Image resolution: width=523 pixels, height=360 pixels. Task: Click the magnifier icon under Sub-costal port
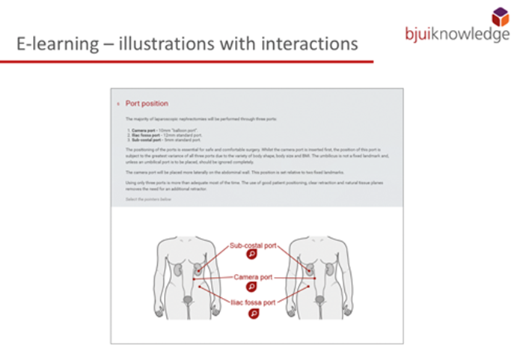[x=252, y=254]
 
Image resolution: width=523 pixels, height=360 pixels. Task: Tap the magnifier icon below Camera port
[x=252, y=286]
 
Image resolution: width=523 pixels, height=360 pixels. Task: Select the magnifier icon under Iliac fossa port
[x=252, y=314]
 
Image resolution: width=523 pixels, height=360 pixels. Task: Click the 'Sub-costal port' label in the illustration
[x=253, y=243]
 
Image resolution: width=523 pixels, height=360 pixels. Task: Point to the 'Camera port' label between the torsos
[x=253, y=275]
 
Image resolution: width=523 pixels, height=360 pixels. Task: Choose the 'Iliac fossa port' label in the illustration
[x=253, y=303]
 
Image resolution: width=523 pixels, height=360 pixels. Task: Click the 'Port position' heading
[x=147, y=103]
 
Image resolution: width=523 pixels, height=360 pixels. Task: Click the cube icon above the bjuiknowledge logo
[x=500, y=16]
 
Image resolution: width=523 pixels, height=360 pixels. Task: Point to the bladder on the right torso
[x=319, y=299]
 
